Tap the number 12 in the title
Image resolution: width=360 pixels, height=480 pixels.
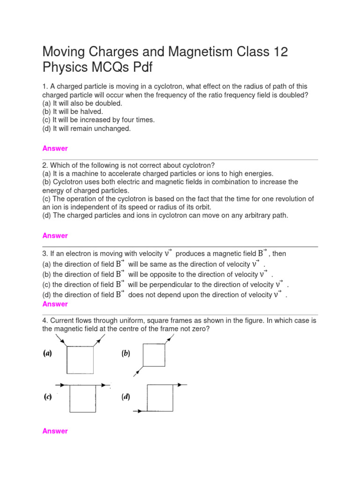(x=278, y=52)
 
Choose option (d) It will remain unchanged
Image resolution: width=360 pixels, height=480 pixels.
(x=87, y=128)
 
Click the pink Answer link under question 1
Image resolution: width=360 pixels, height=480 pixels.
(x=55, y=148)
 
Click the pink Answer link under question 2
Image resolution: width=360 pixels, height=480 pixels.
(x=55, y=235)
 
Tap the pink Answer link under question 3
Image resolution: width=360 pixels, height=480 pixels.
(x=55, y=304)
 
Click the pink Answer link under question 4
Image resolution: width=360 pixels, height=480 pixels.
(x=55, y=431)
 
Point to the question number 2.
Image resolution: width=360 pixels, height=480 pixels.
(x=45, y=165)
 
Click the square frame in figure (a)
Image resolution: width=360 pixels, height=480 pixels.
(x=80, y=360)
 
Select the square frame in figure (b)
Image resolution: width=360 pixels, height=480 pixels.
(x=154, y=355)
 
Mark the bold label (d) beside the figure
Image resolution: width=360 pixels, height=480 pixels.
(x=126, y=397)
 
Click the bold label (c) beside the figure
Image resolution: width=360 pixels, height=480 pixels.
(x=48, y=397)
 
